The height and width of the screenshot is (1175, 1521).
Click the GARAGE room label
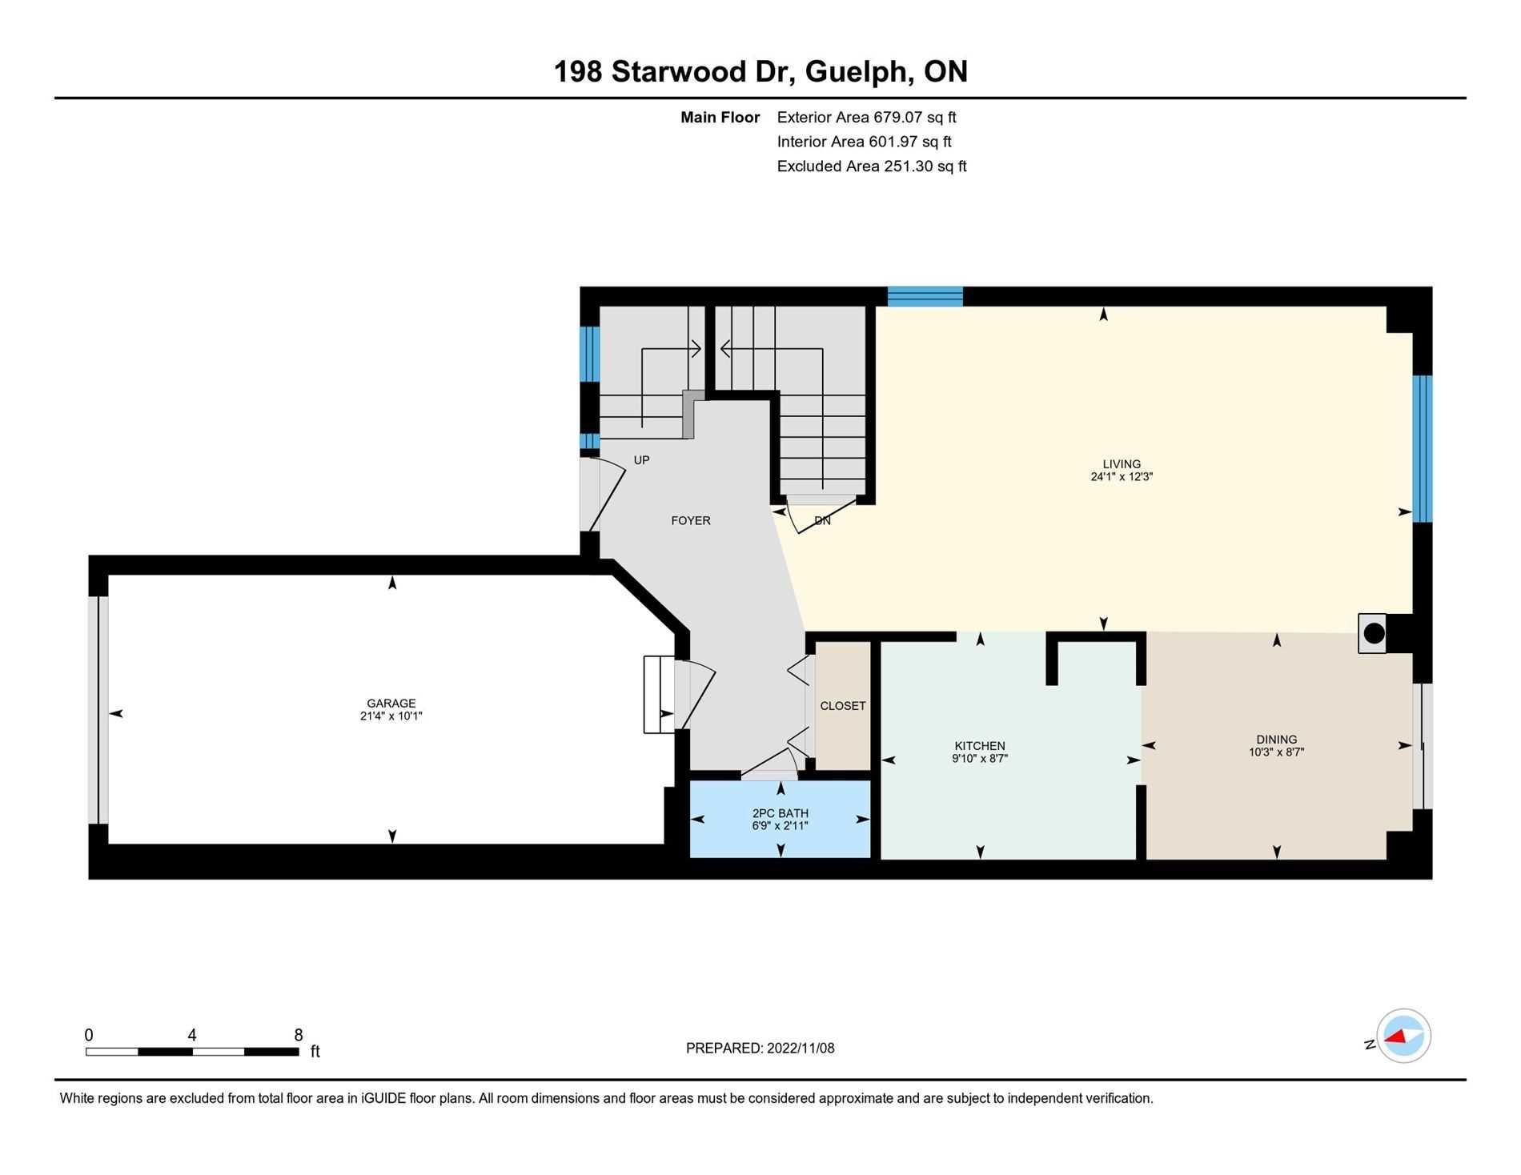click(391, 704)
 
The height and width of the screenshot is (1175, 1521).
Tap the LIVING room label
click(1122, 463)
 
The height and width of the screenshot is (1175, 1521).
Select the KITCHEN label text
click(980, 746)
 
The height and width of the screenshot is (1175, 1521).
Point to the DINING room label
click(1277, 740)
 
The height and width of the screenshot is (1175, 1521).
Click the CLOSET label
click(843, 706)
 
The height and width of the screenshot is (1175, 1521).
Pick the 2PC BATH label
click(781, 813)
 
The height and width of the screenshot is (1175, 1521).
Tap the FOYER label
click(691, 520)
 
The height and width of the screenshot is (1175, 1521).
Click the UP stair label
click(641, 460)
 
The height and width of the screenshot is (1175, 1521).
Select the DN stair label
click(822, 520)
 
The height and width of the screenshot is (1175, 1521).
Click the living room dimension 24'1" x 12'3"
click(1122, 476)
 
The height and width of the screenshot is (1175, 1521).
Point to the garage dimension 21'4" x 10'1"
click(391, 716)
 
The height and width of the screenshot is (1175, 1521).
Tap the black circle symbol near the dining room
click(1374, 634)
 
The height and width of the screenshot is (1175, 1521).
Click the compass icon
click(1403, 1036)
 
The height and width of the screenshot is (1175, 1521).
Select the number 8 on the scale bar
click(299, 1035)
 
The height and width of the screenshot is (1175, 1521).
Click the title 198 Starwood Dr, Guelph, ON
click(760, 72)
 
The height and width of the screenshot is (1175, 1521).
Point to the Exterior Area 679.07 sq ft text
click(867, 118)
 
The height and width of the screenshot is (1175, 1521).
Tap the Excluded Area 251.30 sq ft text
click(872, 166)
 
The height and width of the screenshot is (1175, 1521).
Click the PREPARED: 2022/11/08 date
click(760, 1049)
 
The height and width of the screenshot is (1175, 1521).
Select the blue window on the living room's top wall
click(925, 296)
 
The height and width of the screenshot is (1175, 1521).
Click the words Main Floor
click(720, 118)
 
